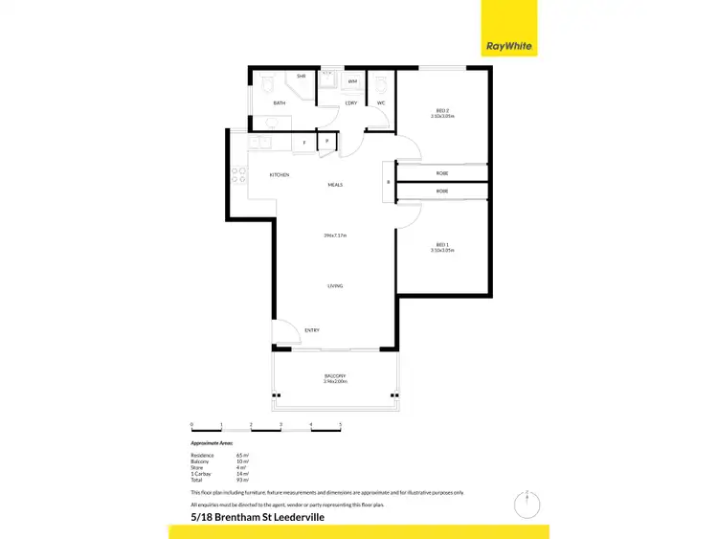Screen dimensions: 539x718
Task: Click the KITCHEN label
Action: click(x=280, y=175)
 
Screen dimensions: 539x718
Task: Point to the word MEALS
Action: click(x=335, y=185)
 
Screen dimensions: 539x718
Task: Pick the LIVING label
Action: click(x=335, y=285)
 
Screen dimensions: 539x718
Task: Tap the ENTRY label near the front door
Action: click(x=312, y=330)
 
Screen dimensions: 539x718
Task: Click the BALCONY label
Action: click(x=334, y=375)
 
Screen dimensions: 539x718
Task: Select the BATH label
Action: click(x=280, y=102)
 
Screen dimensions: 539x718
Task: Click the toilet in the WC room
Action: click(x=381, y=83)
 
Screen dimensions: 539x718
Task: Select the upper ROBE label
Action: click(x=442, y=173)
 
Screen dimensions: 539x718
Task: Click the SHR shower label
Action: click(x=301, y=76)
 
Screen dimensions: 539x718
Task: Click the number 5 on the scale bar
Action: click(x=340, y=424)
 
